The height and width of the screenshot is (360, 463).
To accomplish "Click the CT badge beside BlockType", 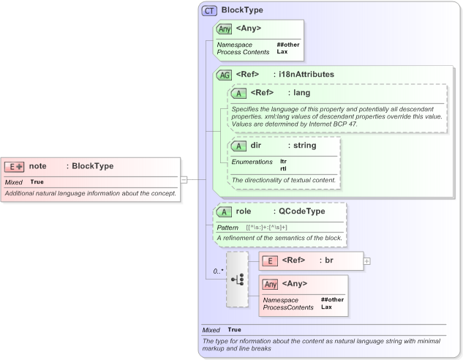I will click(210, 10).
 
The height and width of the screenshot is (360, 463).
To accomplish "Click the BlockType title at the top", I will click(242, 10).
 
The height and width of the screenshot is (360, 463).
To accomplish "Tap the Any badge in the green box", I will click(225, 29).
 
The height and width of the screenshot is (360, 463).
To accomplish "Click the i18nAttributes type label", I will click(304, 75).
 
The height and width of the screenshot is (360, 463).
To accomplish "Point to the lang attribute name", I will click(302, 93).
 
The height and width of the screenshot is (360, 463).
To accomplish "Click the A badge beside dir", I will click(239, 146).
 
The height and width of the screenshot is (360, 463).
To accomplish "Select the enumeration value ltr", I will click(283, 161).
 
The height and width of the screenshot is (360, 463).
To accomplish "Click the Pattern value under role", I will click(266, 228).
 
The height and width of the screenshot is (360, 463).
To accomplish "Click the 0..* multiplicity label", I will click(217, 271).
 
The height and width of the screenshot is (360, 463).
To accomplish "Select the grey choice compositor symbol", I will click(238, 280).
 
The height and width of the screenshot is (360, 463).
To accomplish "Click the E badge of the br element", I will click(270, 260).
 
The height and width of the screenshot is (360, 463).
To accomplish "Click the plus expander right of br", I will click(366, 260).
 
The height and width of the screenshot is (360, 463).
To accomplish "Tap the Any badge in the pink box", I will click(270, 284).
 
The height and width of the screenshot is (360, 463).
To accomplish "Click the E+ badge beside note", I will click(15, 166).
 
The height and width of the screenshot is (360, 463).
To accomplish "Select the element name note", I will click(38, 166).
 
